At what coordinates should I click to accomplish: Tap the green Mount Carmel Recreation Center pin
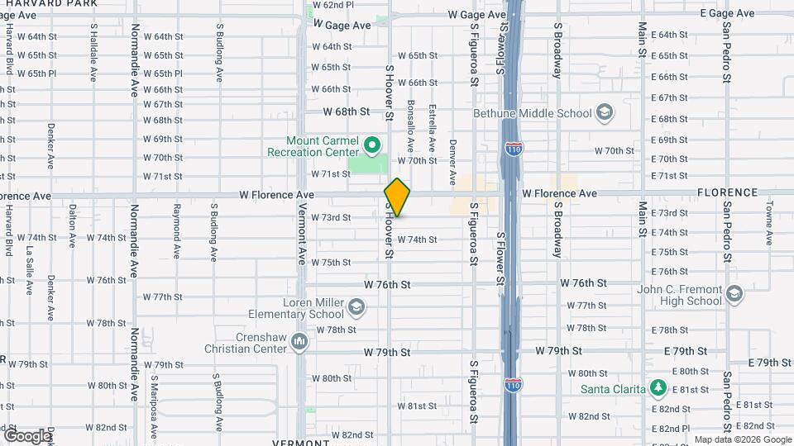[x=372, y=146]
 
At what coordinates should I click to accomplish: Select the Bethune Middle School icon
[x=605, y=113]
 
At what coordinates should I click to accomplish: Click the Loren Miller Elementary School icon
[x=356, y=308]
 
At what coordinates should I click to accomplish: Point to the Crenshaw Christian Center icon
[x=299, y=341]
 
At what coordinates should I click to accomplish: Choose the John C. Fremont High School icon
[x=733, y=294]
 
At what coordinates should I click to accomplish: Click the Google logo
[x=26, y=435]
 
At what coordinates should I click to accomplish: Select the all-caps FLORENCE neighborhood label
[x=727, y=192]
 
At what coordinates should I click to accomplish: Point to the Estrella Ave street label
[x=432, y=126]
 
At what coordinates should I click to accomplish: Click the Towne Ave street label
[x=768, y=225]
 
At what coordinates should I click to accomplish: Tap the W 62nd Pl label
[x=332, y=5]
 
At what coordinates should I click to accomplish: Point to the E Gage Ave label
[x=727, y=13]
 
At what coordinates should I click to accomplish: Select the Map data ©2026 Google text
[x=741, y=439]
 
